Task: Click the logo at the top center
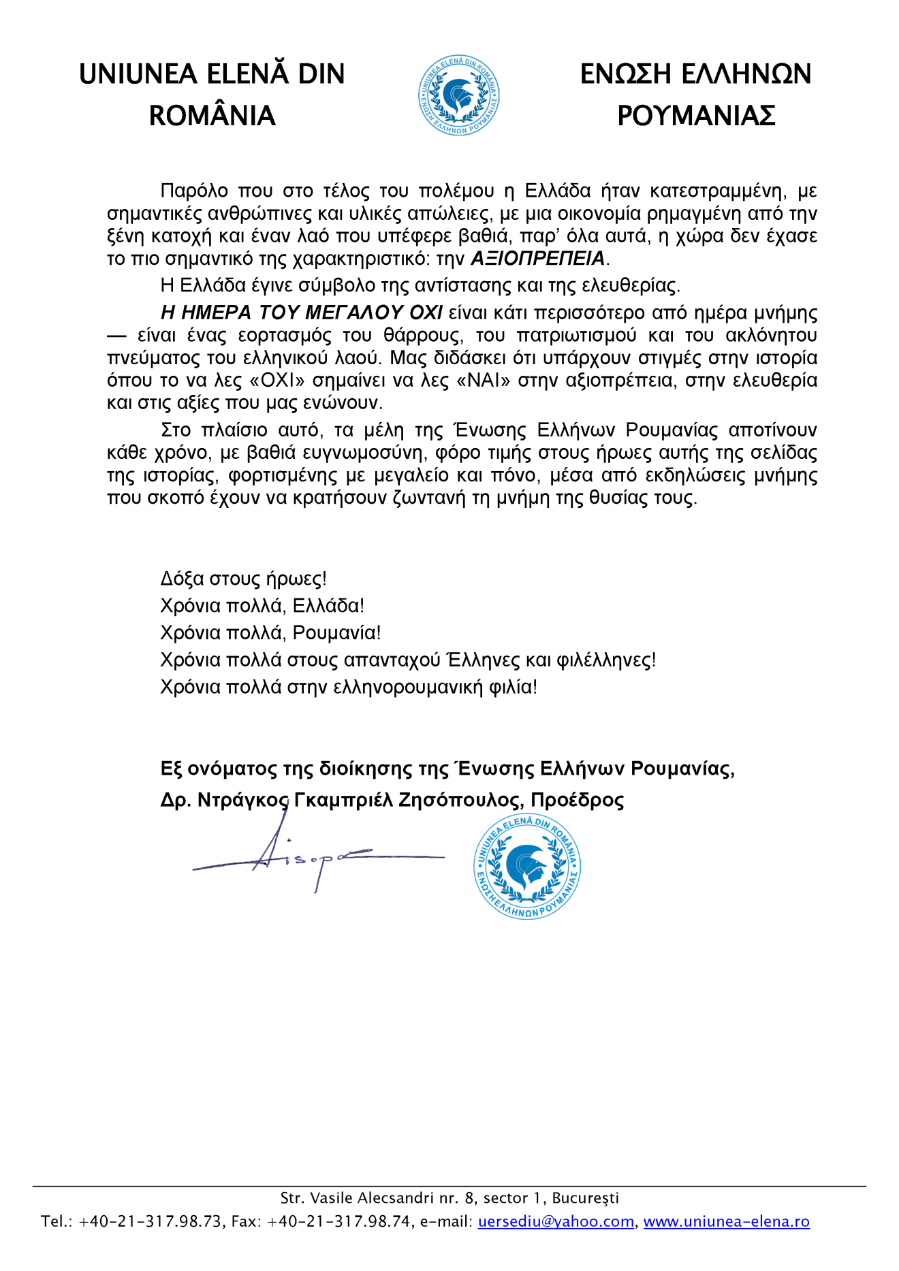(x=458, y=95)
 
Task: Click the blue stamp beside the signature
(x=527, y=867)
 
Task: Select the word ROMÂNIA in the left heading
(x=212, y=116)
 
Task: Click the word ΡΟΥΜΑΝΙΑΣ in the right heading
(x=696, y=116)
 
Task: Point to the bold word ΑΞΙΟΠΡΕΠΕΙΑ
(x=537, y=259)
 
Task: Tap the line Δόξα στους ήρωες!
(x=243, y=579)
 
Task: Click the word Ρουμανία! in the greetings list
(x=336, y=633)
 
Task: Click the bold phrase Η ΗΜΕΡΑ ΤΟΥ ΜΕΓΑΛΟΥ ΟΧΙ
(x=302, y=312)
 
